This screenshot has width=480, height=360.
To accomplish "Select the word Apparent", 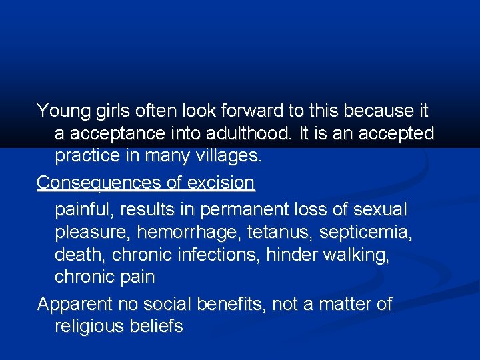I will (x=75, y=305).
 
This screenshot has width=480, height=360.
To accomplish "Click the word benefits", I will (x=233, y=305).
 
